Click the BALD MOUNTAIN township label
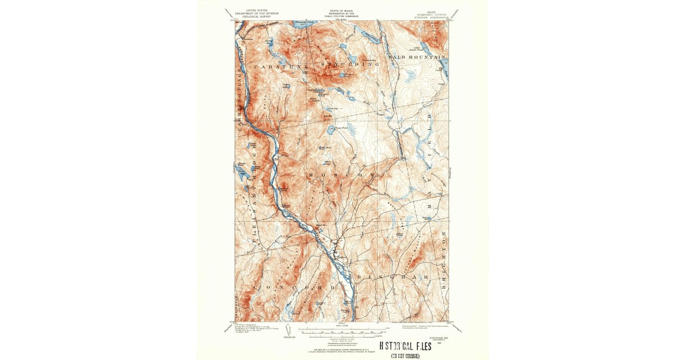click(416, 58)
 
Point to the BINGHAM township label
click(393, 277)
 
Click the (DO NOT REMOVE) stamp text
click(405, 356)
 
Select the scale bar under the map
click(343, 329)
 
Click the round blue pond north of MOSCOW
click(331, 130)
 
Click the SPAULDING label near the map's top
click(348, 65)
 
